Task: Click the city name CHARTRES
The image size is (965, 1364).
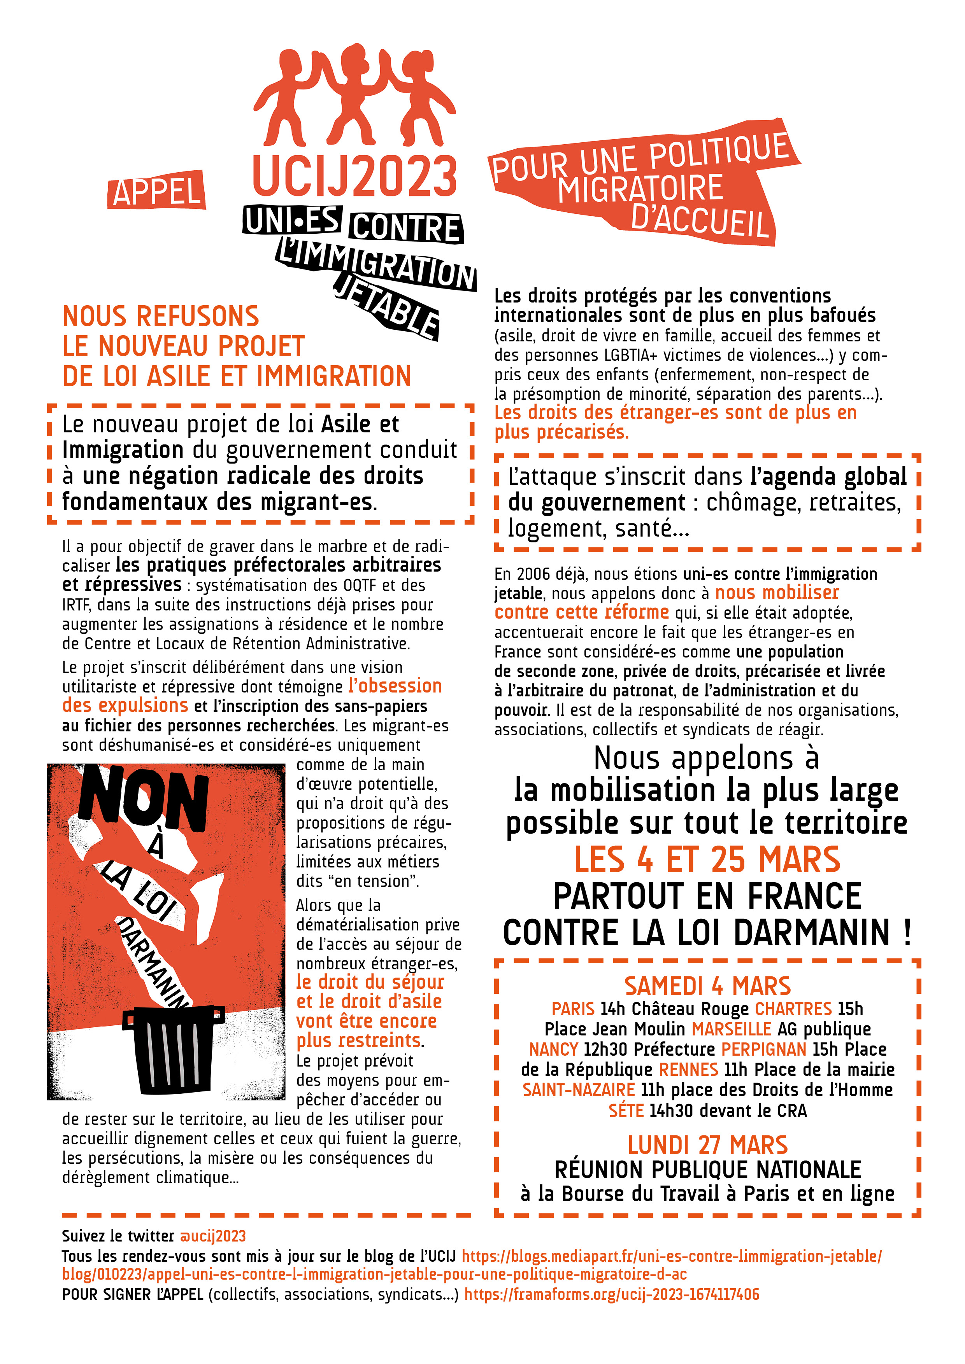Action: (x=793, y=1009)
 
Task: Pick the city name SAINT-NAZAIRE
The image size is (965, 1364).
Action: (x=579, y=1089)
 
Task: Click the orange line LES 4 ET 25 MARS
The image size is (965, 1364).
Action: (x=707, y=860)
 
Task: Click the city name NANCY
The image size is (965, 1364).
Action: (x=554, y=1049)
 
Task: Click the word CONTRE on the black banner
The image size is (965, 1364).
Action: (x=407, y=228)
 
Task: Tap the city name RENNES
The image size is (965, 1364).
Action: (x=688, y=1069)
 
